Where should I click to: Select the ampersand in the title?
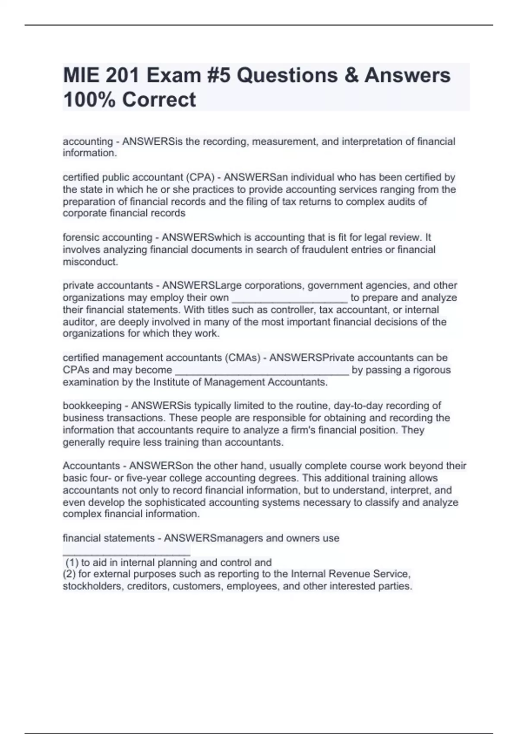349,76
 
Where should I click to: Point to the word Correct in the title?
159,100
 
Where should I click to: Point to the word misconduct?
90,262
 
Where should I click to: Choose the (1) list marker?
72,563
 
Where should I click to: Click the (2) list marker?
69,574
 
